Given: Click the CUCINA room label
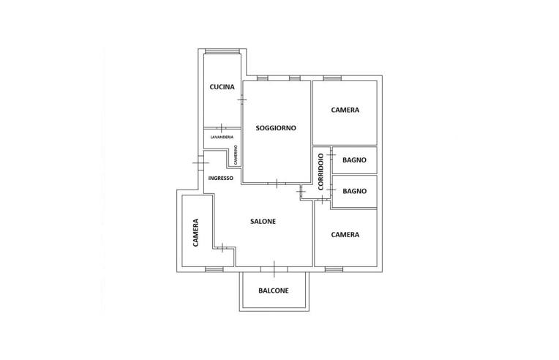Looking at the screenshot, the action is (x=222, y=87).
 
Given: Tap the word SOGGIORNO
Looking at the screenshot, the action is (x=276, y=128).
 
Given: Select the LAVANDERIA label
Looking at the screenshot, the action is (x=222, y=137).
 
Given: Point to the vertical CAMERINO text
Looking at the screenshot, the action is (x=236, y=155).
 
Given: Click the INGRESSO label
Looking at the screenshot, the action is (x=221, y=179).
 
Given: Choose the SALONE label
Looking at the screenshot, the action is (x=263, y=222).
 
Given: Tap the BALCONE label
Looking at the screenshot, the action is (x=274, y=290).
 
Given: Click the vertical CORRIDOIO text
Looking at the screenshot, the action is (x=320, y=171).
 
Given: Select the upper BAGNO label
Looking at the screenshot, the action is (x=354, y=160).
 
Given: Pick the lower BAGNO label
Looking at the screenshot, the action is (x=354, y=191).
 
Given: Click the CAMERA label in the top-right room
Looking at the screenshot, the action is (x=345, y=110).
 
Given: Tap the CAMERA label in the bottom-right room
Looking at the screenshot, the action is (x=345, y=235).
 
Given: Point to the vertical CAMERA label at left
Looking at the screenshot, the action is (x=195, y=233).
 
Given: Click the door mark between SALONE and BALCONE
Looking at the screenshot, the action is (x=274, y=269).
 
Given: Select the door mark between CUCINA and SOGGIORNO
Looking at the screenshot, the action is (x=242, y=100).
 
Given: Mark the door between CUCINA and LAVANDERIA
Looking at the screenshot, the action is (x=222, y=128).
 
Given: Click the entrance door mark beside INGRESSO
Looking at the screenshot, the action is (x=200, y=163).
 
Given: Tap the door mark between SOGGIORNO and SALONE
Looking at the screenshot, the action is (x=277, y=184).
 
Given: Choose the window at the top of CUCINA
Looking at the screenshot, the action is (x=222, y=51).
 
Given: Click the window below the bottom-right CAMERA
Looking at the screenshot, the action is (x=334, y=269).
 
